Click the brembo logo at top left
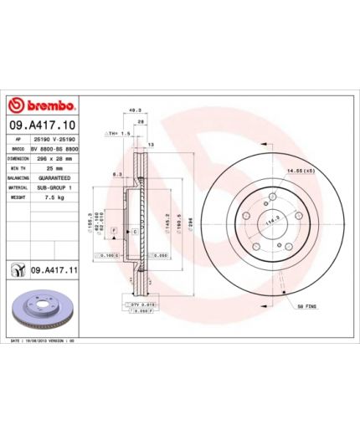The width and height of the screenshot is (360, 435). tap(42, 106)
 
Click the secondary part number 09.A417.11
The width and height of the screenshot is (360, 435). tap(55, 271)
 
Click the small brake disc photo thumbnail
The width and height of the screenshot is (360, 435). tap(44, 311)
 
